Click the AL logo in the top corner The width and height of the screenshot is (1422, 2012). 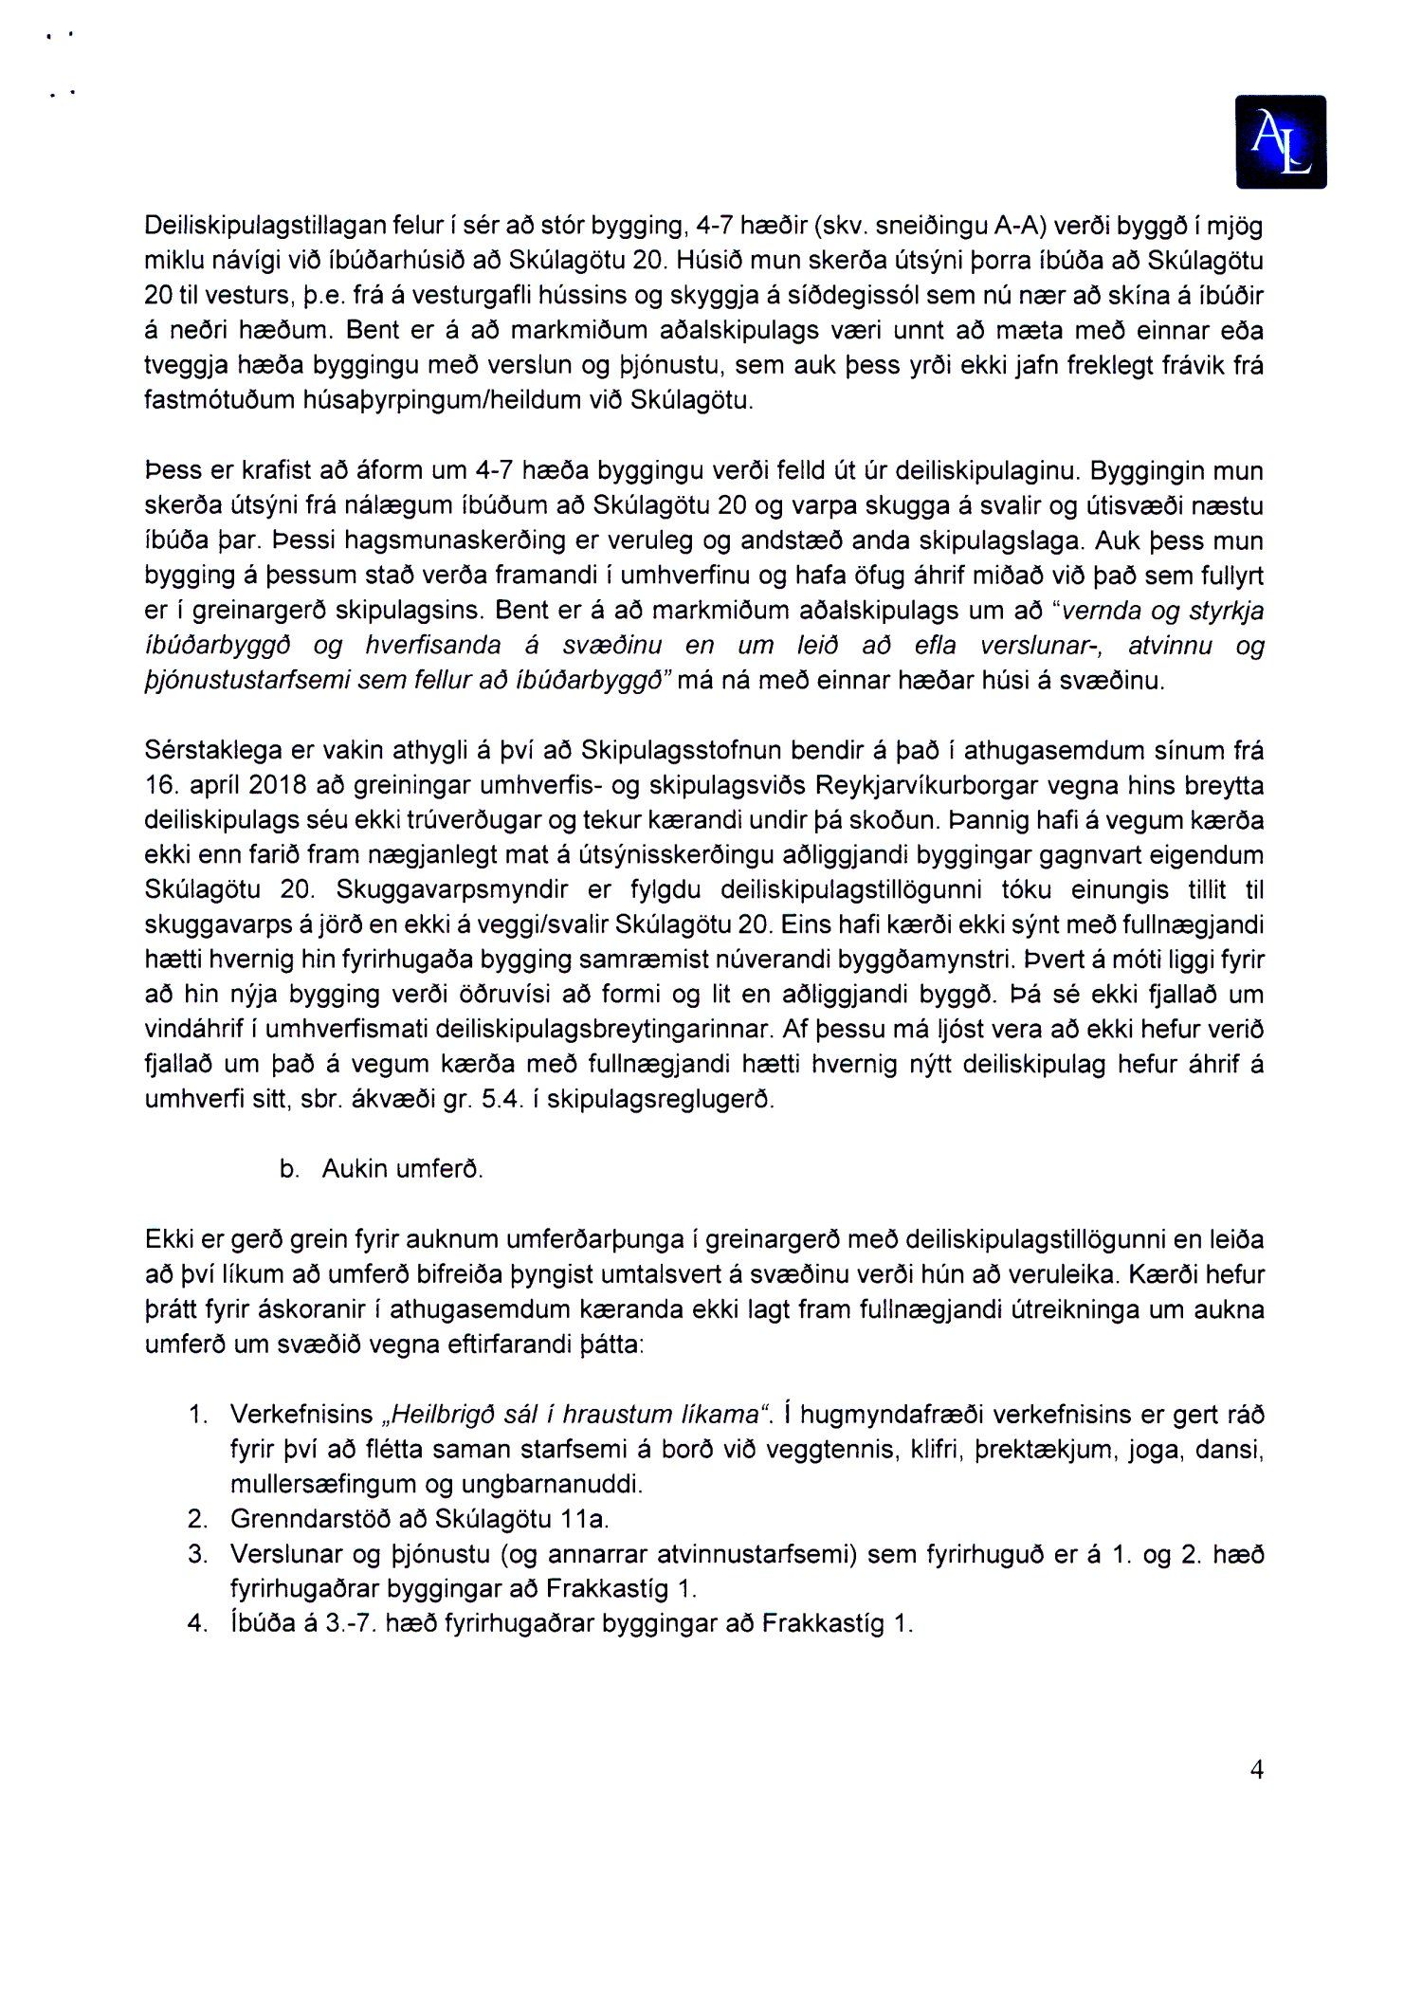[x=1281, y=142]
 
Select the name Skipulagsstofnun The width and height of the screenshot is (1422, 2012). [x=682, y=751]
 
